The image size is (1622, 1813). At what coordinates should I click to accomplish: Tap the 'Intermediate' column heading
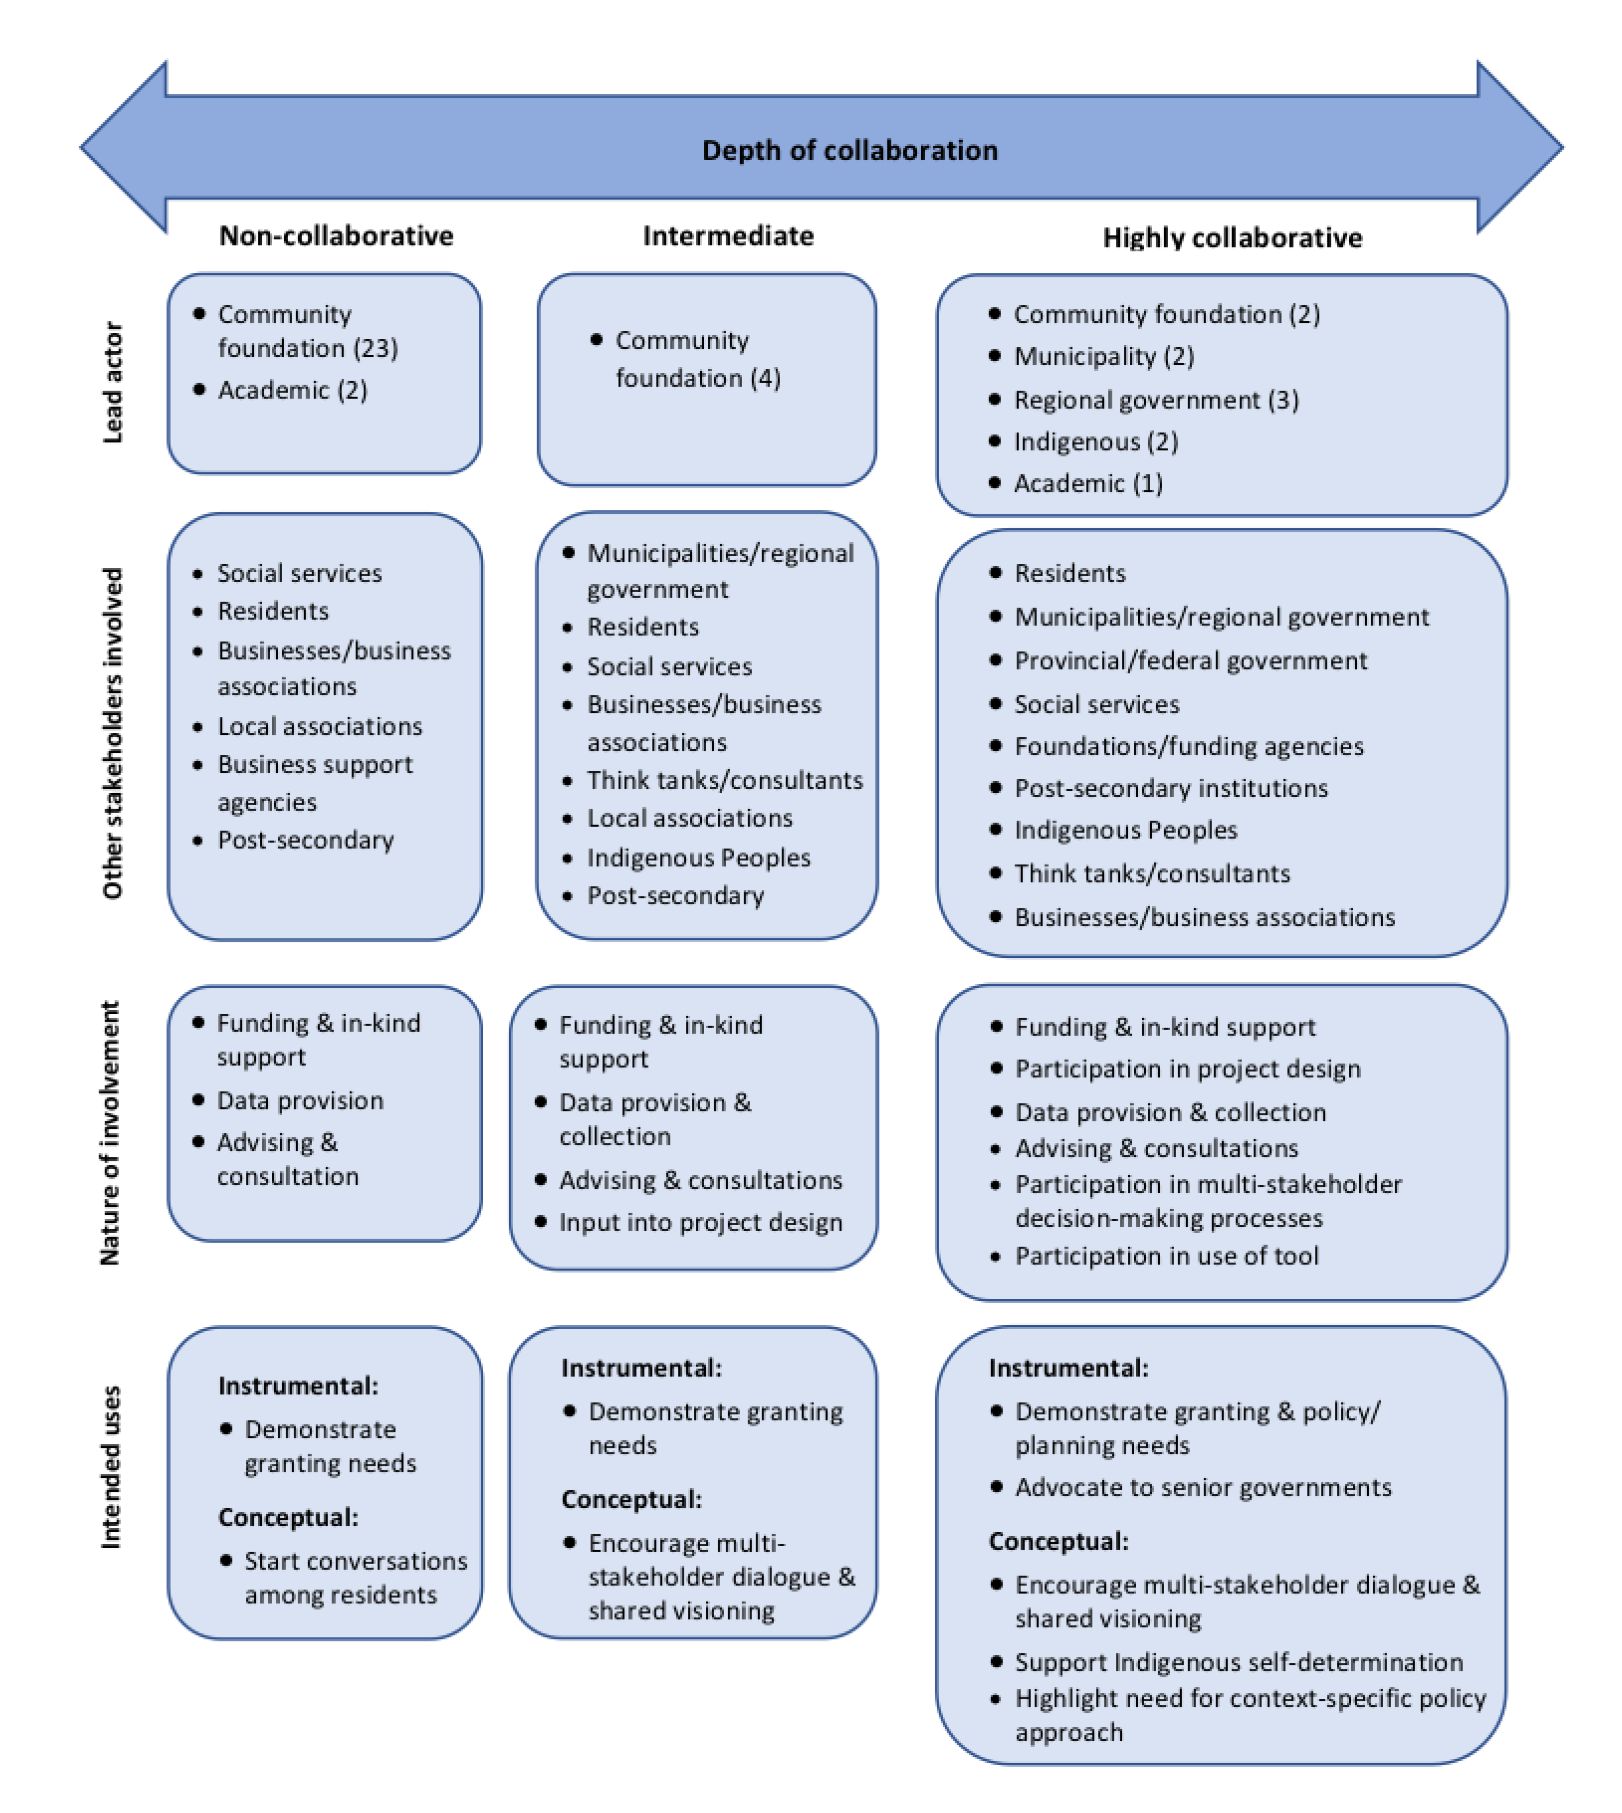[728, 235]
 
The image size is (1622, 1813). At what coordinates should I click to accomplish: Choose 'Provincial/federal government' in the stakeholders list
[1190, 660]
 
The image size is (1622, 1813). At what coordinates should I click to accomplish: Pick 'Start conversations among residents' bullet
[355, 1577]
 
